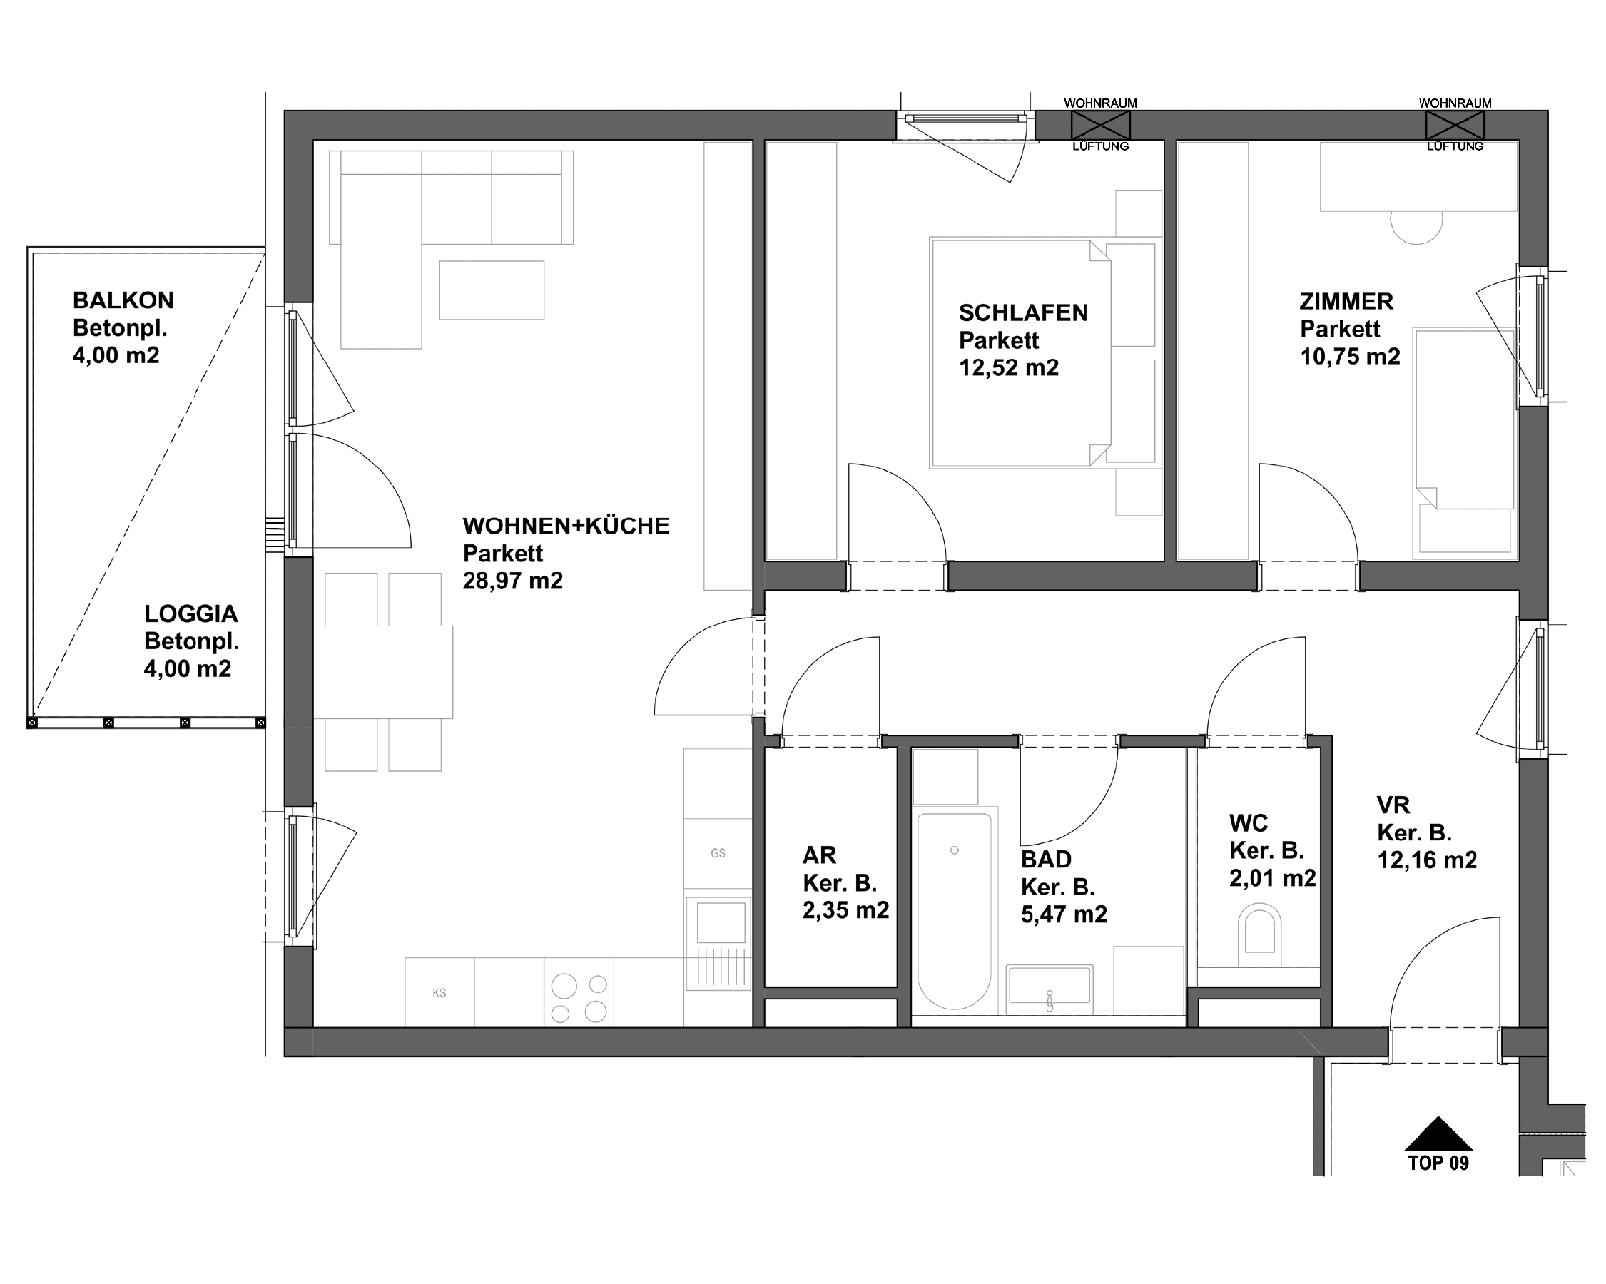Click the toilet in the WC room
[1259, 932]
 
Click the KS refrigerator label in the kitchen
[439, 993]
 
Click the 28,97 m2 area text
[512, 581]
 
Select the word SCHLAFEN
[1022, 313]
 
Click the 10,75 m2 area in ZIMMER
[1350, 357]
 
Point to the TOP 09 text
[1438, 1163]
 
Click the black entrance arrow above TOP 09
[1438, 1135]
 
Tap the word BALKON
[123, 301]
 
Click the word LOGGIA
[190, 613]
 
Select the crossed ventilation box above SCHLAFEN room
[1100, 125]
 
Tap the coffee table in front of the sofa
[492, 290]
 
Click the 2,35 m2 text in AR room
[845, 910]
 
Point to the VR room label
[1393, 805]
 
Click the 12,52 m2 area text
[1009, 368]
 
